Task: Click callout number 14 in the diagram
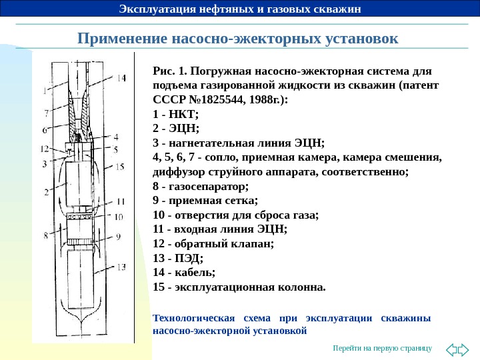(x=121, y=78)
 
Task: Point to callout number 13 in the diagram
(x=121, y=267)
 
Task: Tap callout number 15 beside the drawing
(x=120, y=166)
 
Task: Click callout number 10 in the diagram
(x=119, y=217)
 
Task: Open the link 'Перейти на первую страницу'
(x=383, y=349)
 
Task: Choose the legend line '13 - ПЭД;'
(x=178, y=258)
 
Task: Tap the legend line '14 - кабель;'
(x=184, y=273)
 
